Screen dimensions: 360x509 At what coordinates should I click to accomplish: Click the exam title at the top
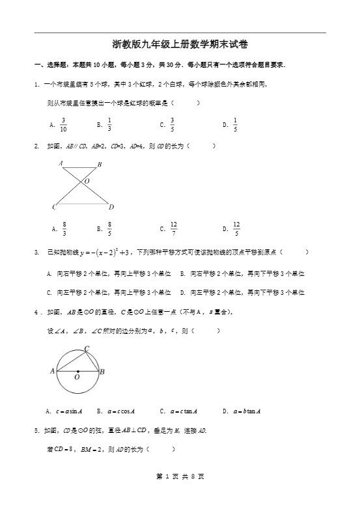point(180,44)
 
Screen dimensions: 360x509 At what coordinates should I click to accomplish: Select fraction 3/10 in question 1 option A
point(63,124)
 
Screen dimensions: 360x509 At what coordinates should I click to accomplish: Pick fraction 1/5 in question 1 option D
point(235,124)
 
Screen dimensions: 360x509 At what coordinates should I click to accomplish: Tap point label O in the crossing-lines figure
point(87,180)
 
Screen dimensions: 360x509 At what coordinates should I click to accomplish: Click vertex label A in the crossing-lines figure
point(61,163)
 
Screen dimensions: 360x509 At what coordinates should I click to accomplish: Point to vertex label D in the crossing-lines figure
point(111,207)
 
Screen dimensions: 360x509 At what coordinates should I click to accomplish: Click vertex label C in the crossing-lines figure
point(54,207)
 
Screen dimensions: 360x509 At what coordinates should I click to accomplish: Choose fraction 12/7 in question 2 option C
point(174,228)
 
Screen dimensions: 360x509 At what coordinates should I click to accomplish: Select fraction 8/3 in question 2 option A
point(64,228)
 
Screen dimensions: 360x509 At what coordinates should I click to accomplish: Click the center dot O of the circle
point(77,371)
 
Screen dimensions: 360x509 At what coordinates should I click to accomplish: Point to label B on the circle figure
point(102,372)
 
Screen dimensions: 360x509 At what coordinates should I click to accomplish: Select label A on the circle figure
point(52,371)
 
